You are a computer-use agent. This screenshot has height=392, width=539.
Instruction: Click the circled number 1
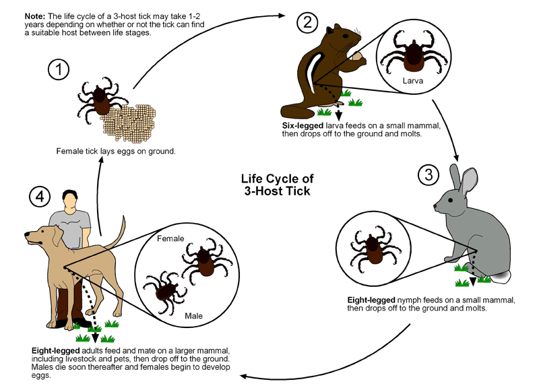click(x=59, y=69)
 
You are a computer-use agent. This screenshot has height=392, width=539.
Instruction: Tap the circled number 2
click(x=307, y=22)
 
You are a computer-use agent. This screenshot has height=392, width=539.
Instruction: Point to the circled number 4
click(x=40, y=197)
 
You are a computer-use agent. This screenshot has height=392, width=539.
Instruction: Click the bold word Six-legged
click(x=305, y=125)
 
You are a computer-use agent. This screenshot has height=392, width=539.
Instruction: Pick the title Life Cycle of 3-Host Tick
click(x=277, y=185)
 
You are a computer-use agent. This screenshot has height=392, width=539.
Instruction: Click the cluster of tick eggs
click(x=138, y=120)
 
